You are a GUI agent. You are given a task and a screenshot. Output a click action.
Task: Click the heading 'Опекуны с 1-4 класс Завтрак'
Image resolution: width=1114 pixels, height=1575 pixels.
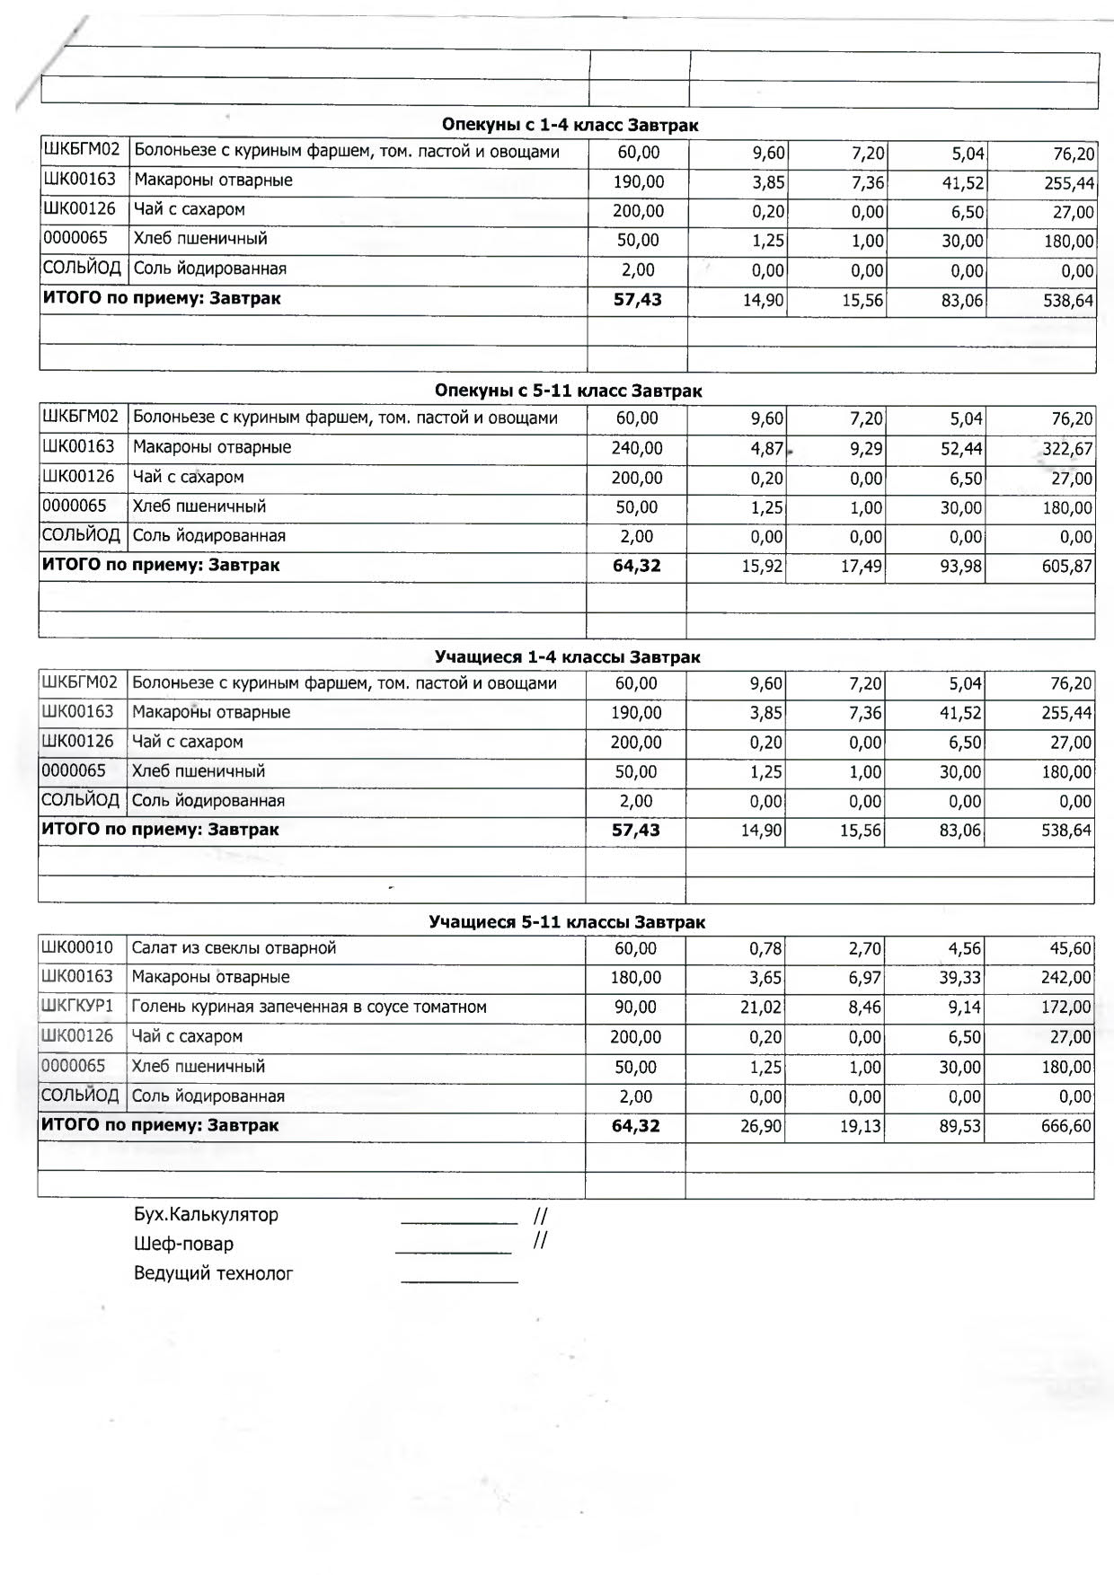(570, 125)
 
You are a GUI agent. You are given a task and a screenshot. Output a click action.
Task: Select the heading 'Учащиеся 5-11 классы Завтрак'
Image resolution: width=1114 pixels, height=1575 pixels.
(567, 922)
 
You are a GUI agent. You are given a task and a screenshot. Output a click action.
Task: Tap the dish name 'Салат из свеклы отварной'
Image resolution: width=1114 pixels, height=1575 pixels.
(234, 948)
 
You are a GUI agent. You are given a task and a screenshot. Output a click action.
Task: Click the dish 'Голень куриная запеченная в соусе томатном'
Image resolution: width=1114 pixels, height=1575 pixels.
(309, 1007)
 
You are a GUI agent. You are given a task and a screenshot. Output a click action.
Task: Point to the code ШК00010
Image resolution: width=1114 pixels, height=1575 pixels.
(77, 947)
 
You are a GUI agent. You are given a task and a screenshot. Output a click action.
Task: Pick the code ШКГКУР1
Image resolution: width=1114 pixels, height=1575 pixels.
(77, 1006)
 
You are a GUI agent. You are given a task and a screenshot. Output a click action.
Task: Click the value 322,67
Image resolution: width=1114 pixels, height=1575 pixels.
(1067, 448)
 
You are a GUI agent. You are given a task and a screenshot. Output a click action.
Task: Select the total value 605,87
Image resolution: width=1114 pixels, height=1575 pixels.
(1067, 567)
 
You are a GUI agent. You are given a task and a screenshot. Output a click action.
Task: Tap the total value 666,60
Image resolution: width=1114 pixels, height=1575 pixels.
(1066, 1126)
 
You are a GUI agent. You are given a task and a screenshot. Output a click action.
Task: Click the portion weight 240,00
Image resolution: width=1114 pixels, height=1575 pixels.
(637, 448)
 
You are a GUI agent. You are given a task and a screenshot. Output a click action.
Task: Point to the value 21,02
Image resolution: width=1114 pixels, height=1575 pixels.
(761, 1007)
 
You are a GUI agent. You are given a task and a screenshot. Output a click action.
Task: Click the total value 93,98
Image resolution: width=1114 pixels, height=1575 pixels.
(961, 567)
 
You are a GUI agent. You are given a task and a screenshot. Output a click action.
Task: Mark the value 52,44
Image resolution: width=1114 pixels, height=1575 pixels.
(961, 448)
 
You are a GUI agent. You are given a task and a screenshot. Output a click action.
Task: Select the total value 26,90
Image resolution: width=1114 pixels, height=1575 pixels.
(761, 1126)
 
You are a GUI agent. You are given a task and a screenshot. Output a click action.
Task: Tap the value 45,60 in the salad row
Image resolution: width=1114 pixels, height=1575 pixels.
(1070, 949)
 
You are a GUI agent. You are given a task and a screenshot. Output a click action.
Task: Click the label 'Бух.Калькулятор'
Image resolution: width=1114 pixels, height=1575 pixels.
(206, 1215)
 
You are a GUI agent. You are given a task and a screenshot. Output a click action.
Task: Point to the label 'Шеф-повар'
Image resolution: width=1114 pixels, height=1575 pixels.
(183, 1244)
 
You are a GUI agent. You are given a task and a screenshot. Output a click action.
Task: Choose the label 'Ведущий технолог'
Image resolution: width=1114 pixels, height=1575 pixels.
(213, 1273)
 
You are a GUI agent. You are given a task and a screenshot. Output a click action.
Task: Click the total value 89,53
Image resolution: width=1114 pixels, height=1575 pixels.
(960, 1126)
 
